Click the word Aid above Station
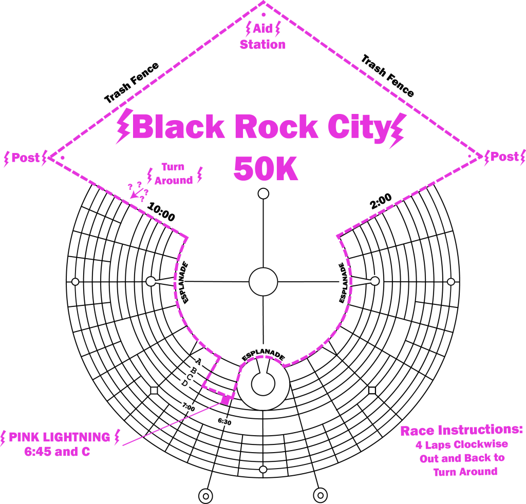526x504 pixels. click(263, 29)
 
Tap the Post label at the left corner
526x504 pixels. click(26, 158)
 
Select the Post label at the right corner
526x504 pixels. click(504, 157)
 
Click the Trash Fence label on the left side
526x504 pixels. click(131, 84)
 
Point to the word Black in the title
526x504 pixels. click(181, 127)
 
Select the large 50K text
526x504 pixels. click(266, 169)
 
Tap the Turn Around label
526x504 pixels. click(174, 174)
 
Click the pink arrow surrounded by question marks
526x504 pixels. click(138, 193)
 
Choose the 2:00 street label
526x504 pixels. click(381, 201)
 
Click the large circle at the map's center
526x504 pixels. click(263, 282)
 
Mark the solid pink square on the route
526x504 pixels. click(226, 399)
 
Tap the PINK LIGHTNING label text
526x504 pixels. click(60, 437)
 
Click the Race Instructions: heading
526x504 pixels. click(461, 430)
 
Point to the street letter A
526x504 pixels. click(199, 361)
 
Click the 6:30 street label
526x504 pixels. click(224, 422)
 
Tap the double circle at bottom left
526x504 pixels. click(205, 495)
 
